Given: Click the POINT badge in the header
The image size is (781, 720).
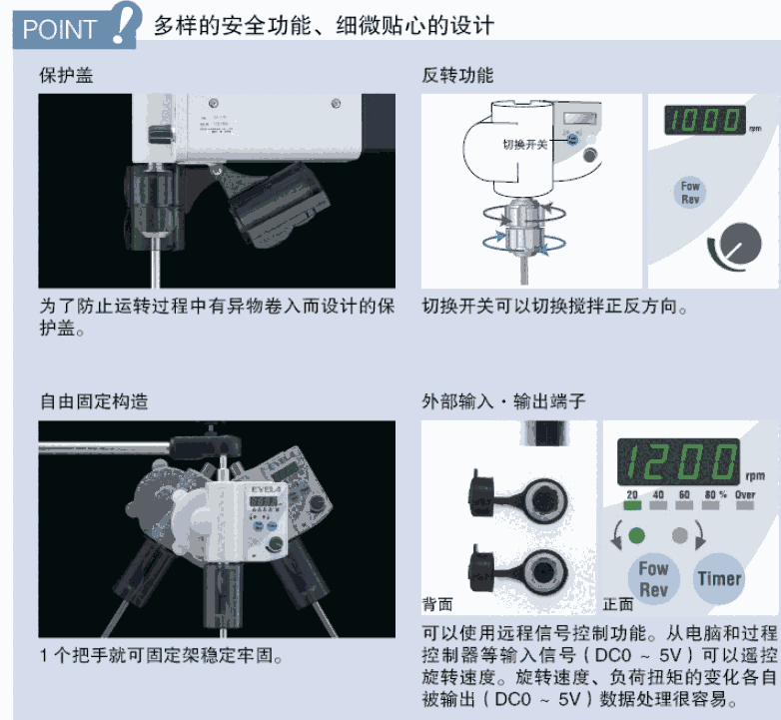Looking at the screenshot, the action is (x=75, y=27).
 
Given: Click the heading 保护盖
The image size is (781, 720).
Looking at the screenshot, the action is (x=66, y=76).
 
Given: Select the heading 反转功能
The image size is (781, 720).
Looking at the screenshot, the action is (x=457, y=76).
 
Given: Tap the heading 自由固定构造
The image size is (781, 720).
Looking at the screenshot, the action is (x=94, y=401).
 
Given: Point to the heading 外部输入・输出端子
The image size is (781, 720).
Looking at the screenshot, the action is (x=503, y=401).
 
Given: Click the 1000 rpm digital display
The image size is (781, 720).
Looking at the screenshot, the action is (x=705, y=120).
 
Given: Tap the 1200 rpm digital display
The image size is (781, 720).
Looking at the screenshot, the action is (x=678, y=462).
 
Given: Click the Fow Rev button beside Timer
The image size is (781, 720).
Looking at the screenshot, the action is (x=653, y=579).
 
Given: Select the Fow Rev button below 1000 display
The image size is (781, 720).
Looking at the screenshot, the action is (x=690, y=193).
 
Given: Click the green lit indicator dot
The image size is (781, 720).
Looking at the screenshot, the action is (x=636, y=536).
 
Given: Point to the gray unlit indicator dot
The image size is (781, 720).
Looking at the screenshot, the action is (x=680, y=536).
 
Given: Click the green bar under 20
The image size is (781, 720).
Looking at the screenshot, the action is (x=632, y=505).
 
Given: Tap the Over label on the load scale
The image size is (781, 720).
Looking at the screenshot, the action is (x=745, y=494).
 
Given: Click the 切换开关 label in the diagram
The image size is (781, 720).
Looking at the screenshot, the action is (x=524, y=145).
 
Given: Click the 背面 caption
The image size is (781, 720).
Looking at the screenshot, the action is (x=437, y=604).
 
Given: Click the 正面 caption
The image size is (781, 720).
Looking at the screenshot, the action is (x=618, y=604).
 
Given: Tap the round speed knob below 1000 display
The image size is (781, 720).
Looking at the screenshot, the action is (x=741, y=244).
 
